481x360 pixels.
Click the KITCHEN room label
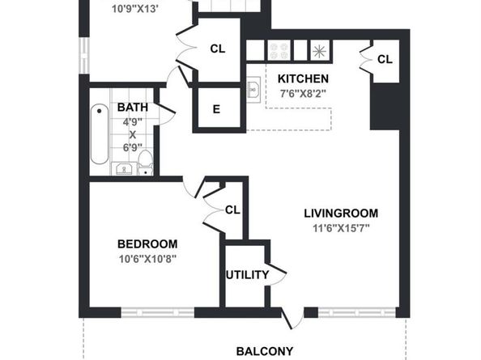coord(303,78)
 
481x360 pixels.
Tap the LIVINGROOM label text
coord(341,214)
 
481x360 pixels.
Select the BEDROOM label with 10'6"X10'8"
coord(147,244)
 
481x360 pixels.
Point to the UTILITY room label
coord(247,275)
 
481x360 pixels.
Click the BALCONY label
coord(265,351)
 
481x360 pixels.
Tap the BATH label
coord(133,108)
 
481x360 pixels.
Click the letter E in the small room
coord(216,109)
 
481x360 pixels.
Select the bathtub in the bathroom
coord(100,134)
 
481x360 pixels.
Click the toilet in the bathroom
coord(146,163)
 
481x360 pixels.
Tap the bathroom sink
coord(124,169)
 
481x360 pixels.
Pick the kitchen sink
coord(253,87)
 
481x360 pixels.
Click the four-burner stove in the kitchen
coord(279,50)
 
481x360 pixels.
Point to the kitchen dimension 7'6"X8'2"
coord(303,94)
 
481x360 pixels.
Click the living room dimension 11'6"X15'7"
coord(341,228)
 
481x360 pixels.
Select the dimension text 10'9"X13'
coord(135,9)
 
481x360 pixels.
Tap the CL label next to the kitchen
coord(385,59)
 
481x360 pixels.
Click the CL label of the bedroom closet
coord(232,210)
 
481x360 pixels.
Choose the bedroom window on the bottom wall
coord(158,312)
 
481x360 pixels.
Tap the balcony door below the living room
coord(292,318)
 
